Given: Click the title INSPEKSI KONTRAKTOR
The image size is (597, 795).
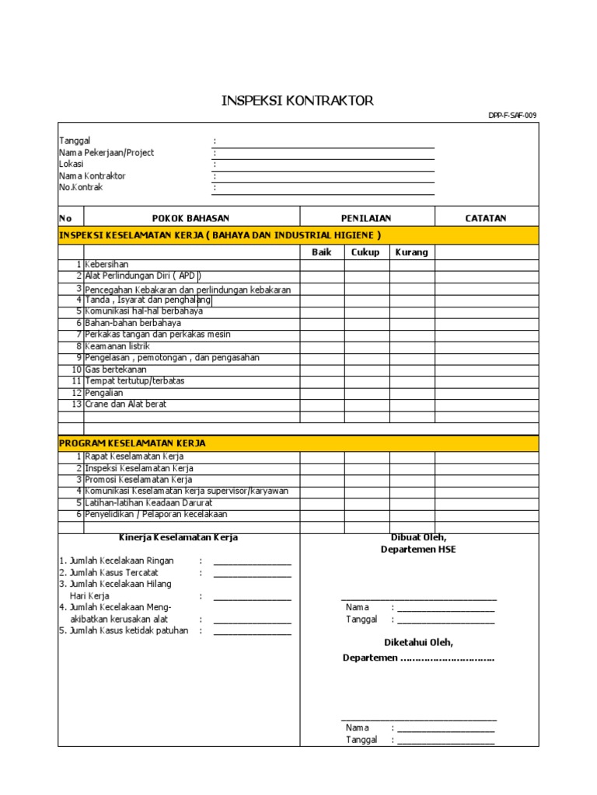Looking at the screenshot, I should pos(298,101).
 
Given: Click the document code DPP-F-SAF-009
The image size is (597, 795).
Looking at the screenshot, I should pos(511,116).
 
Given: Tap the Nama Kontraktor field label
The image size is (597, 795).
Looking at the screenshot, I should pos(93,175).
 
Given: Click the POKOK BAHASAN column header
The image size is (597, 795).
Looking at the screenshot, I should pos(190,218).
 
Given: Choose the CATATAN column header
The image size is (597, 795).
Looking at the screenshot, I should pos(485,218).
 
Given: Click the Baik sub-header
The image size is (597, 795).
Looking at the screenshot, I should pos(322,252).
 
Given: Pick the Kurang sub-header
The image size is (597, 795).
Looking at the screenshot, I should pos(411,252).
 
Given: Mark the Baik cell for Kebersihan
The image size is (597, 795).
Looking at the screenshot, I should pos(322,265).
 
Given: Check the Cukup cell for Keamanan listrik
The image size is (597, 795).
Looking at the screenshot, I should pos(367,346).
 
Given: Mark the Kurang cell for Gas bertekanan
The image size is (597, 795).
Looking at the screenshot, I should pos(411,370).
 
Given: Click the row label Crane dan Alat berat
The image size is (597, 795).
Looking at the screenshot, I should pos(126,404).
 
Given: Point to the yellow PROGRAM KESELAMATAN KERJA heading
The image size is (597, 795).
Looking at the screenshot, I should pos(133,443).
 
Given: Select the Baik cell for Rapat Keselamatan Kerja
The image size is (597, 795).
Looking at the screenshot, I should pos(322,457).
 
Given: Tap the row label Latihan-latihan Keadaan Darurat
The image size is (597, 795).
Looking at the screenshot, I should pos(148,503).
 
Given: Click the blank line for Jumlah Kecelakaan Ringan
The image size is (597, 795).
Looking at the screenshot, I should pos(252,561).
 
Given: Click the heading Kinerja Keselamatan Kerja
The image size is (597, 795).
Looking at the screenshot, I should pos(178,537).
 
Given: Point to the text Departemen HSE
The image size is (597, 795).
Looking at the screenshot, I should pos(418,550).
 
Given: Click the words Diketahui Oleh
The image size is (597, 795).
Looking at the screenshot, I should pos(418,643).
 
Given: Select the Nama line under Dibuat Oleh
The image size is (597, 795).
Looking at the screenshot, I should pos(445,608).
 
